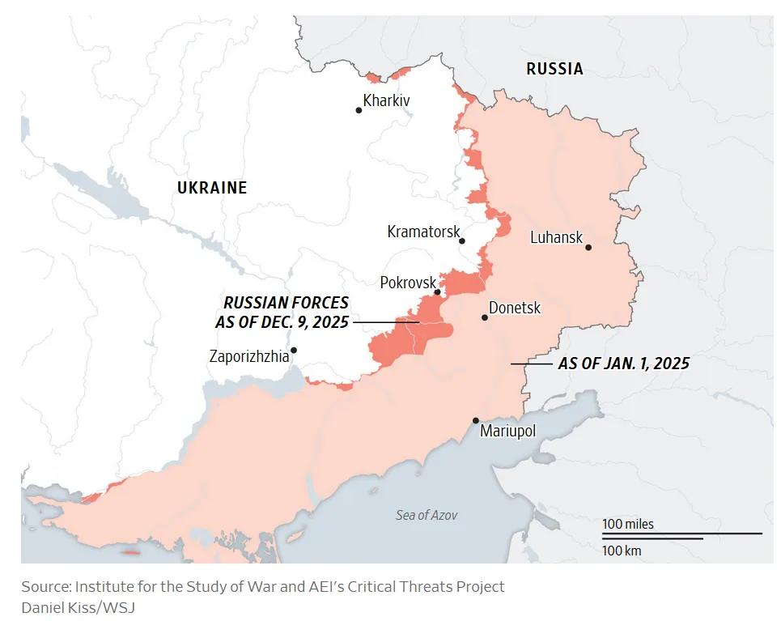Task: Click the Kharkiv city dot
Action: coord(359,110)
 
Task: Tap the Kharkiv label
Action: coord(387,101)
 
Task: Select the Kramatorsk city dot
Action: coord(462,240)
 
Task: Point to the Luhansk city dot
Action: coord(588,247)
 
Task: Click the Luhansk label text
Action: coord(556,237)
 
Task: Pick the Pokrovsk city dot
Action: coord(437,292)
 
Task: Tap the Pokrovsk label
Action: coord(408,283)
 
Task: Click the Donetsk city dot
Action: coord(485,317)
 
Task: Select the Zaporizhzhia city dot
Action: coord(294,351)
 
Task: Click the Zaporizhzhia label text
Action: coord(248,355)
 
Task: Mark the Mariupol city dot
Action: coord(476,420)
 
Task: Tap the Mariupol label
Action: coord(508,431)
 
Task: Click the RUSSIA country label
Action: coord(554,69)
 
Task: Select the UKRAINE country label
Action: coord(212,188)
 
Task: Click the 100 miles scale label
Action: coord(627,524)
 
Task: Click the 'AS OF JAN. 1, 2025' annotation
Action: coord(623,364)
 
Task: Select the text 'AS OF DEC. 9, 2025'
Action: coord(286,321)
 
